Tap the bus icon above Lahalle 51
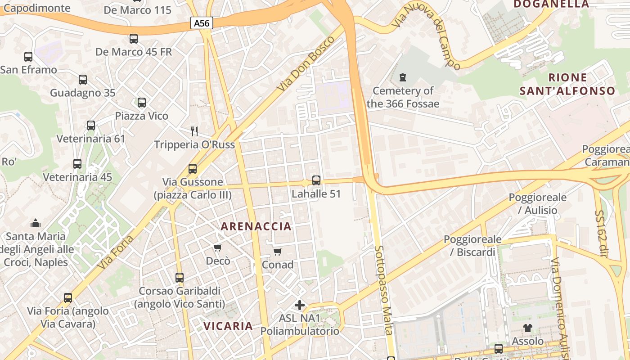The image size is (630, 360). (x=316, y=180)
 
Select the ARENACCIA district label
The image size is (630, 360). (x=256, y=226)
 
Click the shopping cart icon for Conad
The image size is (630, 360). (x=278, y=252)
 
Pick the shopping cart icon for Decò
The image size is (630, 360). (x=218, y=247)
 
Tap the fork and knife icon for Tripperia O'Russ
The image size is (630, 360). (x=194, y=131)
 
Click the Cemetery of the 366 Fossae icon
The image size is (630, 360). (x=402, y=77)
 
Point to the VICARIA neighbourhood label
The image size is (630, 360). (x=228, y=326)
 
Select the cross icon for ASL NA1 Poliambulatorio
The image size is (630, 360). (x=300, y=305)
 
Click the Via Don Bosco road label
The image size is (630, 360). (x=306, y=63)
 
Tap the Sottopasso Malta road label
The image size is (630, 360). (x=384, y=290)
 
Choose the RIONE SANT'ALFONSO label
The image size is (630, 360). (x=567, y=84)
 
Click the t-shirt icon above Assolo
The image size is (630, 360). (x=528, y=328)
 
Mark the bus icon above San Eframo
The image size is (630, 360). (x=28, y=57)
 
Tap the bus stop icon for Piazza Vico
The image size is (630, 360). (x=142, y=103)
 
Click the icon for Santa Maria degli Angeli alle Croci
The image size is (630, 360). (x=36, y=223)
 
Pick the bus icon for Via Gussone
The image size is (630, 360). (x=193, y=169)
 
